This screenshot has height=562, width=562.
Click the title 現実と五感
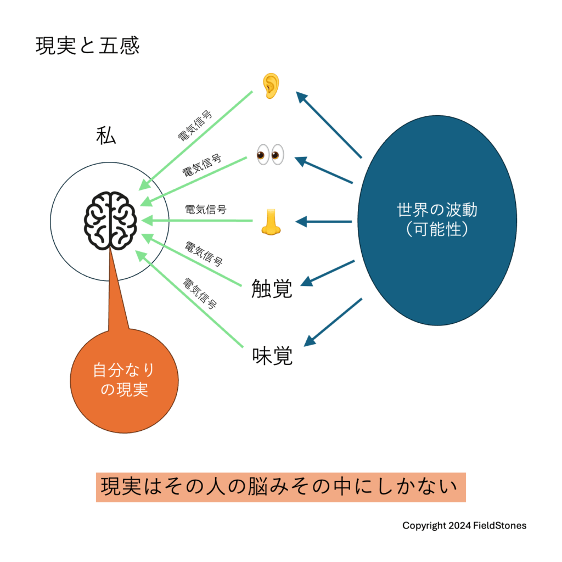(x=87, y=46)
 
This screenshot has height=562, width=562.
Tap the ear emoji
(x=271, y=86)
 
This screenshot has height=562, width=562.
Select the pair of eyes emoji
(x=271, y=155)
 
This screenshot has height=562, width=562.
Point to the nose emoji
(x=271, y=222)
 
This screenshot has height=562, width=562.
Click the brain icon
(x=110, y=221)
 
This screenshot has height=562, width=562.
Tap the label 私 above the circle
(x=106, y=136)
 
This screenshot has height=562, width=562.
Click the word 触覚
(x=272, y=289)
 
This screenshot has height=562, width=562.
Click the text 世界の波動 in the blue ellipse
(x=437, y=210)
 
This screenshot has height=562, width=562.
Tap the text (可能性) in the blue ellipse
(x=437, y=229)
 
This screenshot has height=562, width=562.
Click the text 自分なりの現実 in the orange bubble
(x=124, y=380)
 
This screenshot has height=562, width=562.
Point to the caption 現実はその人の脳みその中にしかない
(x=279, y=487)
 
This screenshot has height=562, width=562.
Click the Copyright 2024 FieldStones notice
(x=464, y=526)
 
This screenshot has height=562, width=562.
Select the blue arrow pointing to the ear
(x=329, y=125)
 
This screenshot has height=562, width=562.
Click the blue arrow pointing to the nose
(x=324, y=222)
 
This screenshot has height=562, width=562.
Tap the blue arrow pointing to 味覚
(x=333, y=322)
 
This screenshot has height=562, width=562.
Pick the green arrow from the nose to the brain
(x=197, y=221)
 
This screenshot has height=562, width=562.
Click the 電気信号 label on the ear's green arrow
(x=195, y=126)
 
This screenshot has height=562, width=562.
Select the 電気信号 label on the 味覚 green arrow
(x=200, y=294)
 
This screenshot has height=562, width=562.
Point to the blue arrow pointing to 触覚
(x=328, y=273)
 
